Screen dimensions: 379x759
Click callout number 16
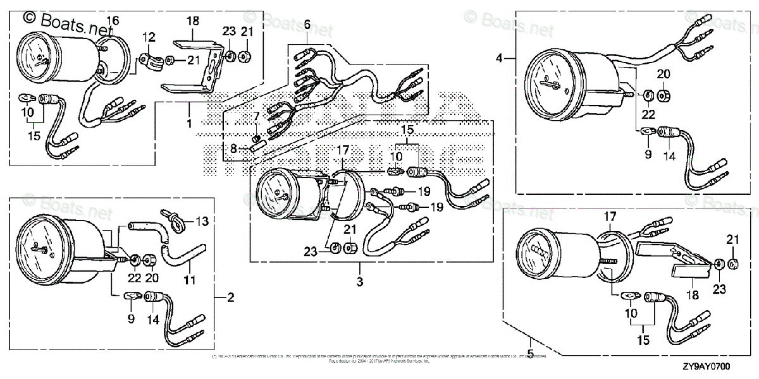click(112, 21)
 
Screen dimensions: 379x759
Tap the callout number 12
click(148, 38)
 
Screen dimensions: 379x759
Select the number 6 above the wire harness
click(307, 25)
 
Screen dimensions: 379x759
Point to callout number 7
click(256, 116)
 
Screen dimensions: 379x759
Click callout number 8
click(233, 149)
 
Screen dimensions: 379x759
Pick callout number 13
click(202, 221)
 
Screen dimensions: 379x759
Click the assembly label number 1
click(189, 124)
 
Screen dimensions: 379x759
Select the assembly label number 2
click(231, 297)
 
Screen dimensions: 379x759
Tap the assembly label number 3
click(360, 282)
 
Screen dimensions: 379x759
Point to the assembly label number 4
click(499, 58)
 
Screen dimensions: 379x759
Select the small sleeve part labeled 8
click(257, 147)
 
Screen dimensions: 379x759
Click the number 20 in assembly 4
click(663, 74)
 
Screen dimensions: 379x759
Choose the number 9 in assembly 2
click(132, 319)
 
